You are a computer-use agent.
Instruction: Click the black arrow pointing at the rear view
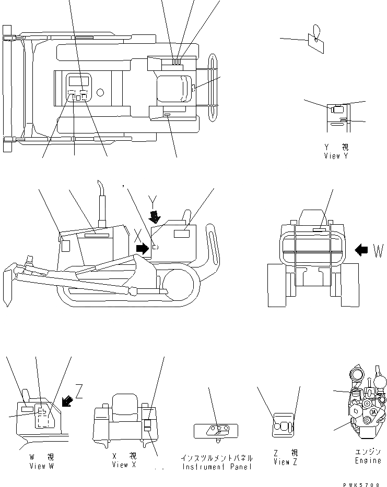point(361,250)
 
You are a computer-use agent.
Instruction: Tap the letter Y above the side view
point(153,200)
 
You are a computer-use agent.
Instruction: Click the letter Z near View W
point(79,391)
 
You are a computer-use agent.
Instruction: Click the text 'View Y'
point(335,155)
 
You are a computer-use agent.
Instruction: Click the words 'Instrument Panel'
point(217,467)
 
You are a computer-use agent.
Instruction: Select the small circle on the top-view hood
point(100,92)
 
